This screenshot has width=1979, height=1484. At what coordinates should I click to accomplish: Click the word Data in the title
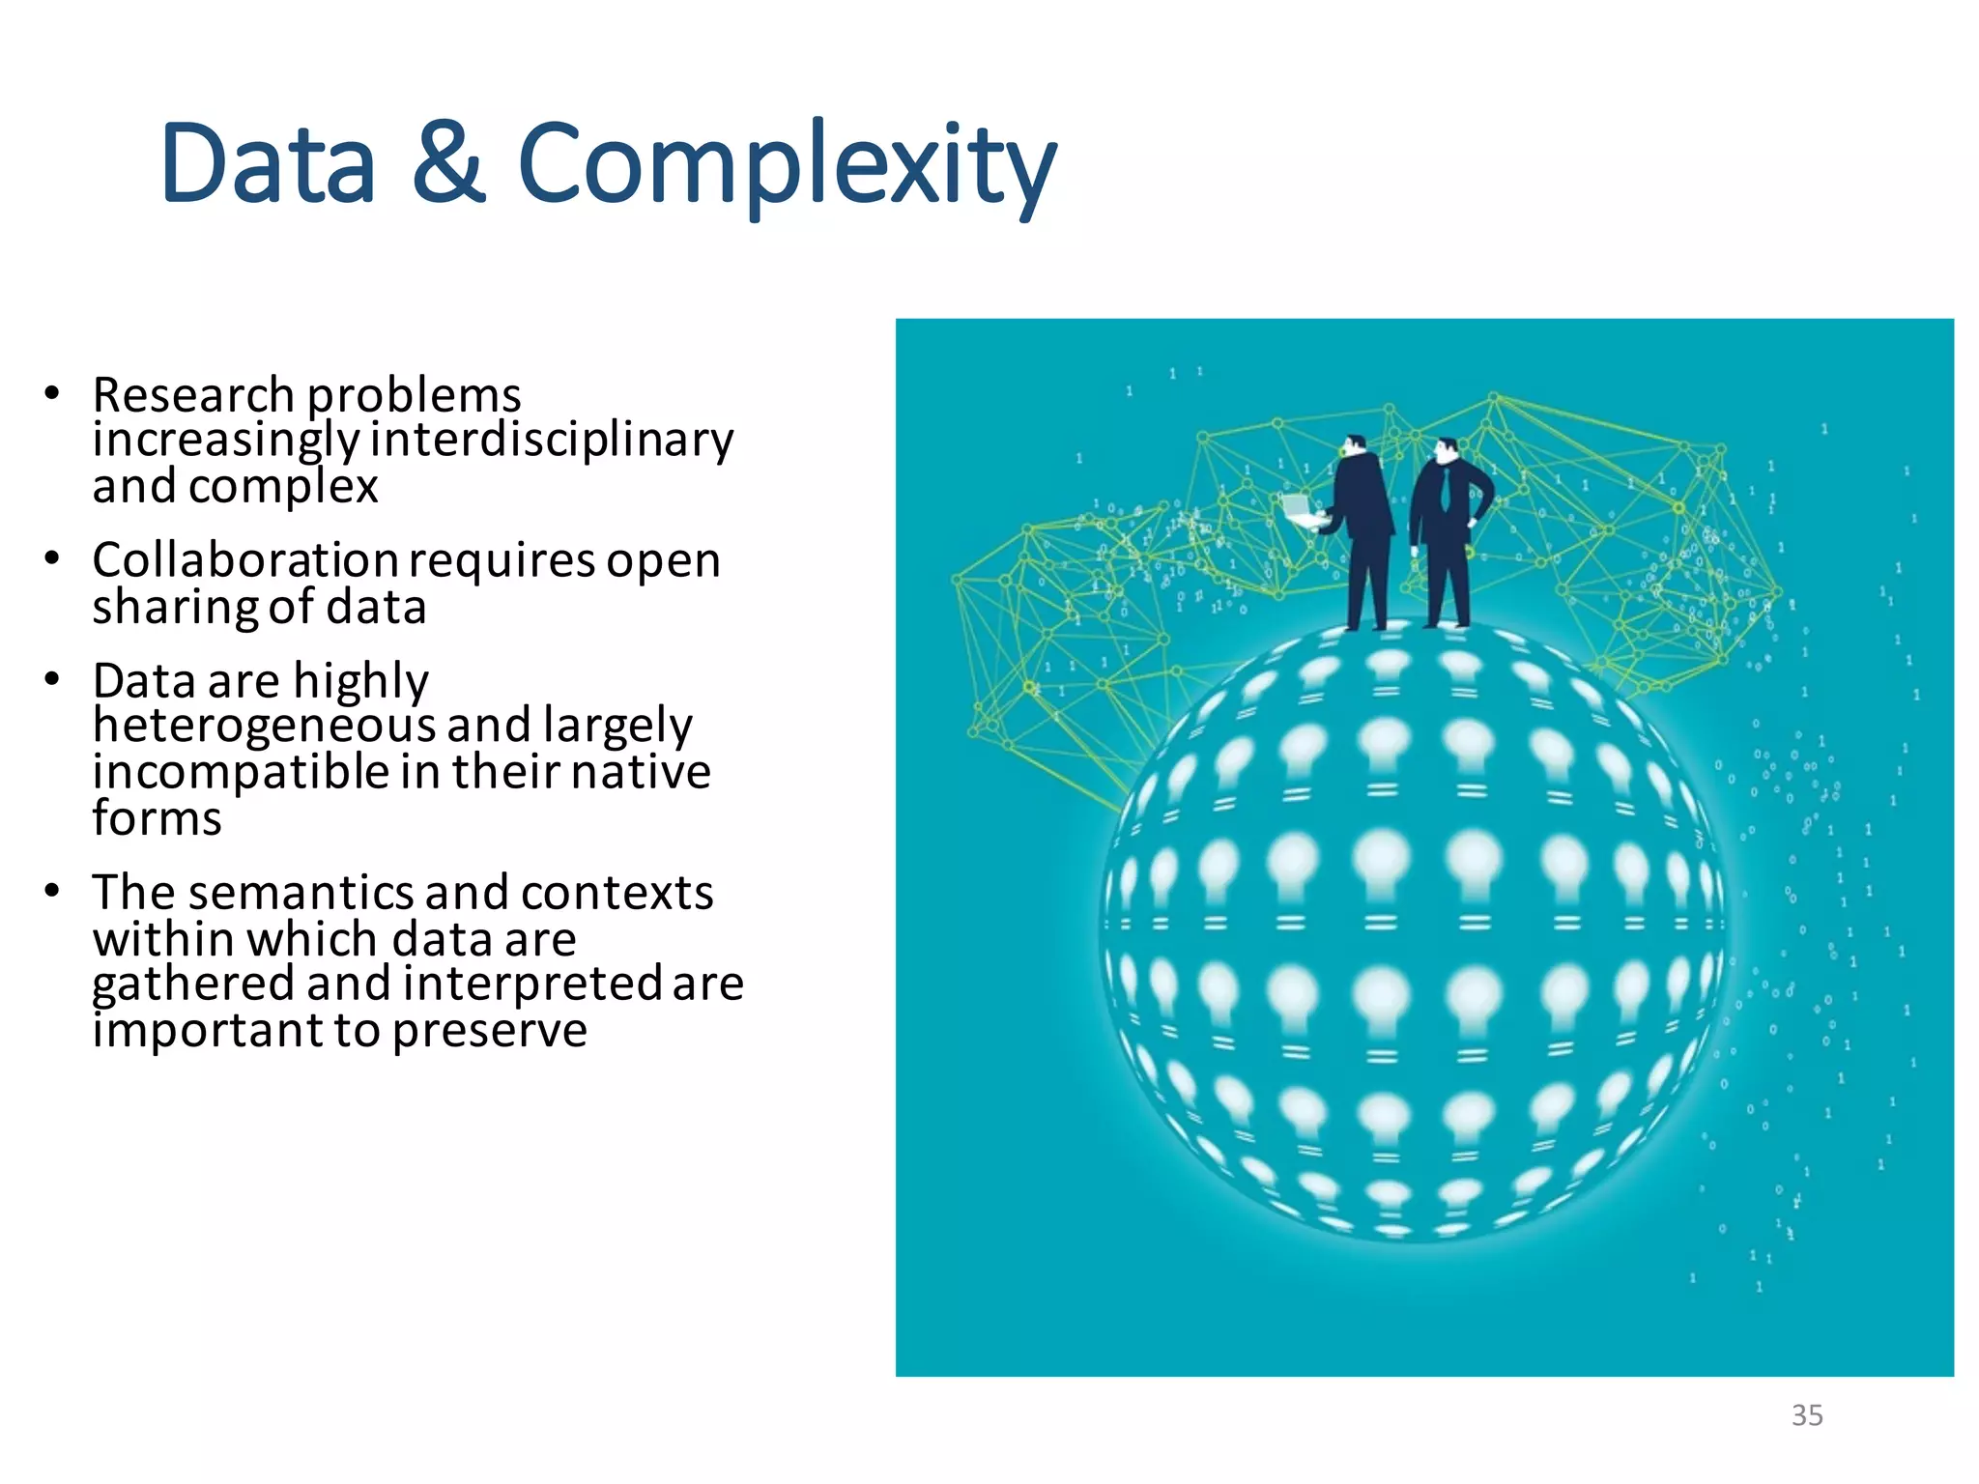click(268, 164)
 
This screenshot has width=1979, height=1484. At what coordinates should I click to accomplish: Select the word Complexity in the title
click(787, 166)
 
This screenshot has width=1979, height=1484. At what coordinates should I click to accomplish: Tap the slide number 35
click(1806, 1415)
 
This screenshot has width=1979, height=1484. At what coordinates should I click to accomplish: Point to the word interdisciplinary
click(552, 441)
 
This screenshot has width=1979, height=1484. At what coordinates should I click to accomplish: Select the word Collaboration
click(244, 560)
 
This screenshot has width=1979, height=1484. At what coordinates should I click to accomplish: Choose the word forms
click(157, 819)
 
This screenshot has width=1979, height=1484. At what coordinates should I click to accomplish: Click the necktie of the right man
click(1446, 489)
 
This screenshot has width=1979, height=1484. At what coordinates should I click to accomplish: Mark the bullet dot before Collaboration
click(52, 558)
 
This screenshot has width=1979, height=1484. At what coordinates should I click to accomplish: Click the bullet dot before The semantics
click(52, 890)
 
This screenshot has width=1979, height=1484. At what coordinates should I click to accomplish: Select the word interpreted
click(532, 985)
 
